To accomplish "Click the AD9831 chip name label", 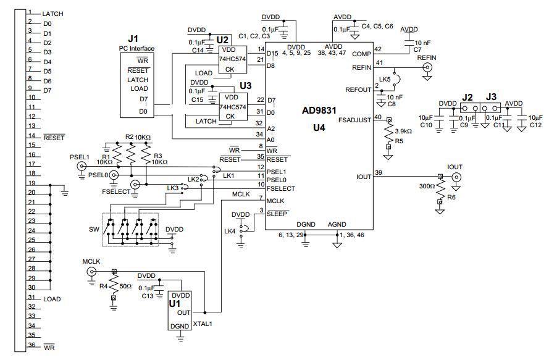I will [319, 112].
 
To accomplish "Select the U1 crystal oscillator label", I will [175, 304].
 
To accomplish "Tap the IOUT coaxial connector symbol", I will [456, 178].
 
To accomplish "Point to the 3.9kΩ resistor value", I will [404, 132].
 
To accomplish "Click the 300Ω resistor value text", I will [425, 186].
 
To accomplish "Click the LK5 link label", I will [385, 80].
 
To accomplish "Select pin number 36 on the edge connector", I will [30, 345].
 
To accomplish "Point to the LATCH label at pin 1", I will [52, 14].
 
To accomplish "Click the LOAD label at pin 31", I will [52, 299].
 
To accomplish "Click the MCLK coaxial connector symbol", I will [91, 272].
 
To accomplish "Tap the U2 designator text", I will [223, 38].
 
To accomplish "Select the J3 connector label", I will [492, 96].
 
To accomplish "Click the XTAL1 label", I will [203, 324].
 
